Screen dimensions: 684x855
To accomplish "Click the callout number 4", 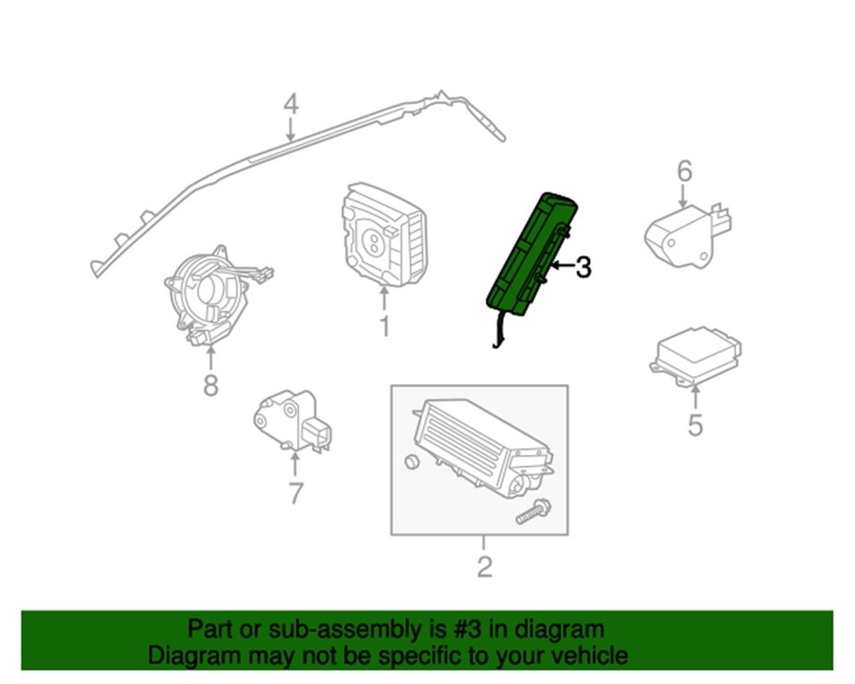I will (x=291, y=104).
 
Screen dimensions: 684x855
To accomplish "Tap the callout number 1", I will (x=384, y=326).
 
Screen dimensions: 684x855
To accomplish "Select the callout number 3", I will (x=582, y=268).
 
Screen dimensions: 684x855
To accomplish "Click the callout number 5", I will (x=695, y=423).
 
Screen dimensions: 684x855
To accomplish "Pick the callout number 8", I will (x=210, y=386).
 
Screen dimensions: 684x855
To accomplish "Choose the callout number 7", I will (x=295, y=492).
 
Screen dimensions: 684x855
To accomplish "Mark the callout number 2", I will (x=484, y=566).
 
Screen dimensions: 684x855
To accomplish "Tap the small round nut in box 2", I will (x=411, y=463).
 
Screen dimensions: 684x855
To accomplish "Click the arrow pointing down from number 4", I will (x=291, y=130).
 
